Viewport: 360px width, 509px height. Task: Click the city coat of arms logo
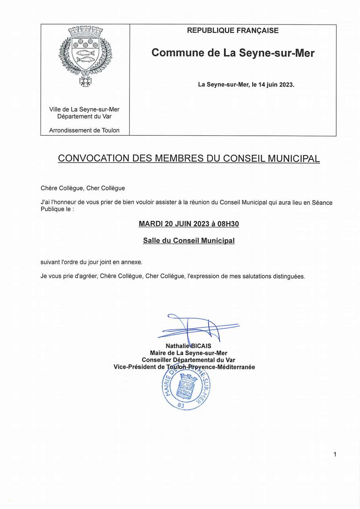coord(85,55)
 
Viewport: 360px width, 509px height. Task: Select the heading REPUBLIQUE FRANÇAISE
coord(232,30)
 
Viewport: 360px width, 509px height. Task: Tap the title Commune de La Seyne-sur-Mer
coord(233,53)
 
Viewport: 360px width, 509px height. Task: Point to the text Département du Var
coord(84,116)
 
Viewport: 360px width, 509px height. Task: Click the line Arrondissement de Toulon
coord(84,130)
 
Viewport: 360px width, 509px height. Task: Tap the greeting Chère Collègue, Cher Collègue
coord(82,188)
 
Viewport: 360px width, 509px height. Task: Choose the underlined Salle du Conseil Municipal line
coord(189,241)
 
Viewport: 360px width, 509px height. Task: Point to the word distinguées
coord(289,276)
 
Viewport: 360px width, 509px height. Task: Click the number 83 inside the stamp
coord(181,405)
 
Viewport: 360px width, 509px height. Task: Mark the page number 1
coord(335,454)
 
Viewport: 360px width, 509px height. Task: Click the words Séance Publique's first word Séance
coord(322,203)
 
